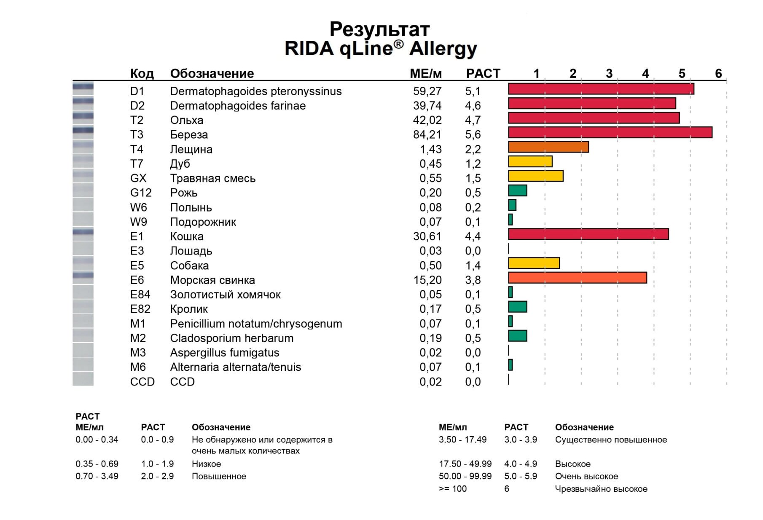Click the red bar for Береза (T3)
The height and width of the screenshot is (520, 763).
610,132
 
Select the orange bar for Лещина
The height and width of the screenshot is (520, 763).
548,147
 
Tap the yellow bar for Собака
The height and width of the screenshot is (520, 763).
534,263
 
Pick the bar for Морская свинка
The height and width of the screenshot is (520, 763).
577,278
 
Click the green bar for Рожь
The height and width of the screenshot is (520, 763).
518,190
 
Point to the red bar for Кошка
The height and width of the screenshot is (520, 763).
588,234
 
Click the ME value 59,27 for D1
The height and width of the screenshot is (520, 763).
427,91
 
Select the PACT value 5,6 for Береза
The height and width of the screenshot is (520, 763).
473,134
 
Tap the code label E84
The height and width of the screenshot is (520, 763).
140,295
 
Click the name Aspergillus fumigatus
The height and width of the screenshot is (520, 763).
224,353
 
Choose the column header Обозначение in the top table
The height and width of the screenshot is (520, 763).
212,73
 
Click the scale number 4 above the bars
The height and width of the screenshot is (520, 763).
645,73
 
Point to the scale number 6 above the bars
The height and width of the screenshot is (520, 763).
718,73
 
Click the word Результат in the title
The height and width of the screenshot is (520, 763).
379,29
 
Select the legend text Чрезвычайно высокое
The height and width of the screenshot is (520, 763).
601,489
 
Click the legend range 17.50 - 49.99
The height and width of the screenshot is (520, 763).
465,464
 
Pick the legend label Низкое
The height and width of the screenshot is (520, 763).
206,464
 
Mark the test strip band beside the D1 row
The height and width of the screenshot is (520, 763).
83,87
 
